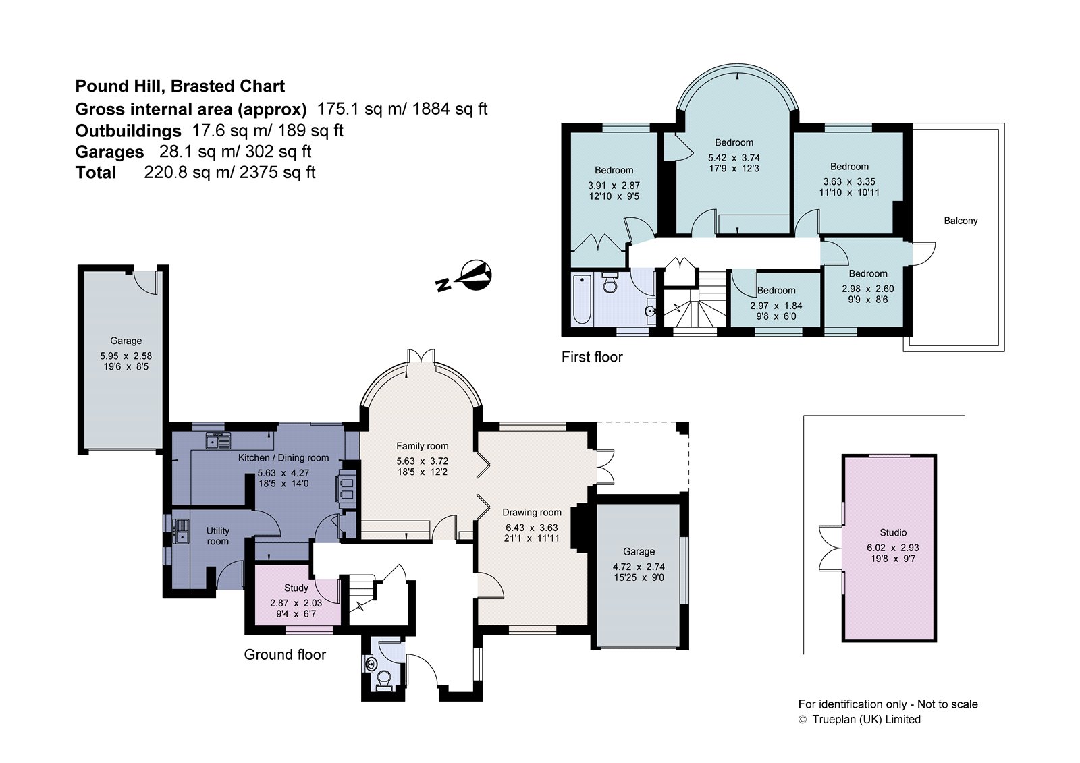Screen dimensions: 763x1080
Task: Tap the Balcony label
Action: (x=961, y=221)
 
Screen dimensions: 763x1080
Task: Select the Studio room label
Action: (x=893, y=532)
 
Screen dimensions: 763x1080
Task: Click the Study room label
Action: (x=296, y=588)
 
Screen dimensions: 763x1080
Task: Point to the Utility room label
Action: (x=218, y=536)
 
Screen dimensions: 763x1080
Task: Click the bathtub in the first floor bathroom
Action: (x=581, y=299)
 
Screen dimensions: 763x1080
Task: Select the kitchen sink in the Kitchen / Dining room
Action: (x=218, y=441)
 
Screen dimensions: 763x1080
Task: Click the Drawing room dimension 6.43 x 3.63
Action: (x=531, y=528)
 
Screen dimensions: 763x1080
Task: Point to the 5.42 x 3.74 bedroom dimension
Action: (x=734, y=158)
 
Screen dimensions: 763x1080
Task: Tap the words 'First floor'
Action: (x=592, y=357)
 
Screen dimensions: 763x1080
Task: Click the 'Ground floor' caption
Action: (x=285, y=654)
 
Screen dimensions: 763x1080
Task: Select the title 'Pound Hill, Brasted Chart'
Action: (x=180, y=86)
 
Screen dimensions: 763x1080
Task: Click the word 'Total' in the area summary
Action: (x=95, y=173)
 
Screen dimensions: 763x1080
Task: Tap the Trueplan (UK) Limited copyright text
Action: (x=866, y=719)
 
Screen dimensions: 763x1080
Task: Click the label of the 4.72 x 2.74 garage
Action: (x=639, y=551)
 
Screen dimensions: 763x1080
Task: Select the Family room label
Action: (x=422, y=446)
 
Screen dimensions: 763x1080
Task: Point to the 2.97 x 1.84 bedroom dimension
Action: (x=776, y=306)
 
